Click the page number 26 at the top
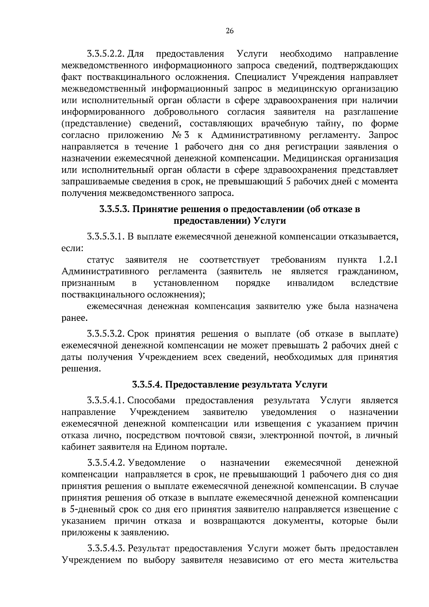[230, 31]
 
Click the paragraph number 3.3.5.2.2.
[105, 54]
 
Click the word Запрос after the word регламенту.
[384, 135]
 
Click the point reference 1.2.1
[388, 260]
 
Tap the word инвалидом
[310, 283]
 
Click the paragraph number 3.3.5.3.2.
[105, 334]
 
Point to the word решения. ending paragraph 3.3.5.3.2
[81, 369]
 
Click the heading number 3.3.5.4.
[147, 385]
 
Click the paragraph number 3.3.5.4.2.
[105, 463]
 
